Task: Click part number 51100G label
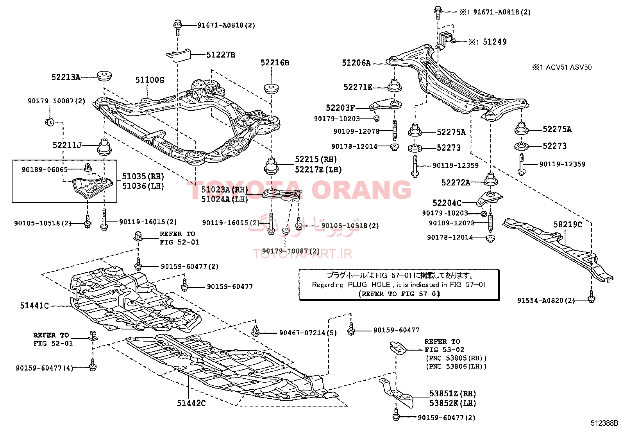(150, 80)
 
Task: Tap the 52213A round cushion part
(104, 76)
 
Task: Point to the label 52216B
(275, 63)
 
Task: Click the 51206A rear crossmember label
(356, 63)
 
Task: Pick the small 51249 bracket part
(447, 38)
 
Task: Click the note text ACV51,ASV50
(569, 67)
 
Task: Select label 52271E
(358, 87)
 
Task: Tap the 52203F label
(340, 108)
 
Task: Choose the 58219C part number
(568, 225)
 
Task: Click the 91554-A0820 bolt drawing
(592, 297)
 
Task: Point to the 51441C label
(34, 306)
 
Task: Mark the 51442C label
(191, 403)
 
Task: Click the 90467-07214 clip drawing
(256, 331)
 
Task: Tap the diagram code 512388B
(604, 423)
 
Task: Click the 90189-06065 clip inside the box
(88, 167)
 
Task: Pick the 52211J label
(67, 145)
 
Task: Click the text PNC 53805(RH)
(456, 358)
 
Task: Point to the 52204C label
(447, 203)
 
